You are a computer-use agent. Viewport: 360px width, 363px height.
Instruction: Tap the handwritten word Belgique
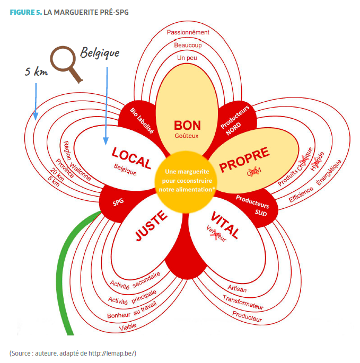pyautogui.click(x=100, y=52)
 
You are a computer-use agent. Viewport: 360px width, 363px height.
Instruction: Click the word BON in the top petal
pyautogui.click(x=187, y=125)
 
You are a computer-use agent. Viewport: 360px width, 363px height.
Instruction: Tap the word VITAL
pyautogui.click(x=225, y=225)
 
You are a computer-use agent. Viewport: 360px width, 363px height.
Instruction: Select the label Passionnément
pyautogui.click(x=188, y=32)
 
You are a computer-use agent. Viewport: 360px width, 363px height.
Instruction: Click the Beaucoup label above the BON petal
pyautogui.click(x=188, y=45)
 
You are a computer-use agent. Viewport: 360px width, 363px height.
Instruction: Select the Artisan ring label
pyautogui.click(x=237, y=289)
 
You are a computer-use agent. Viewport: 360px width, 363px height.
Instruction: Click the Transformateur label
pyautogui.click(x=243, y=303)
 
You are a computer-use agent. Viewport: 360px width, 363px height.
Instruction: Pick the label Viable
pyautogui.click(x=128, y=326)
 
